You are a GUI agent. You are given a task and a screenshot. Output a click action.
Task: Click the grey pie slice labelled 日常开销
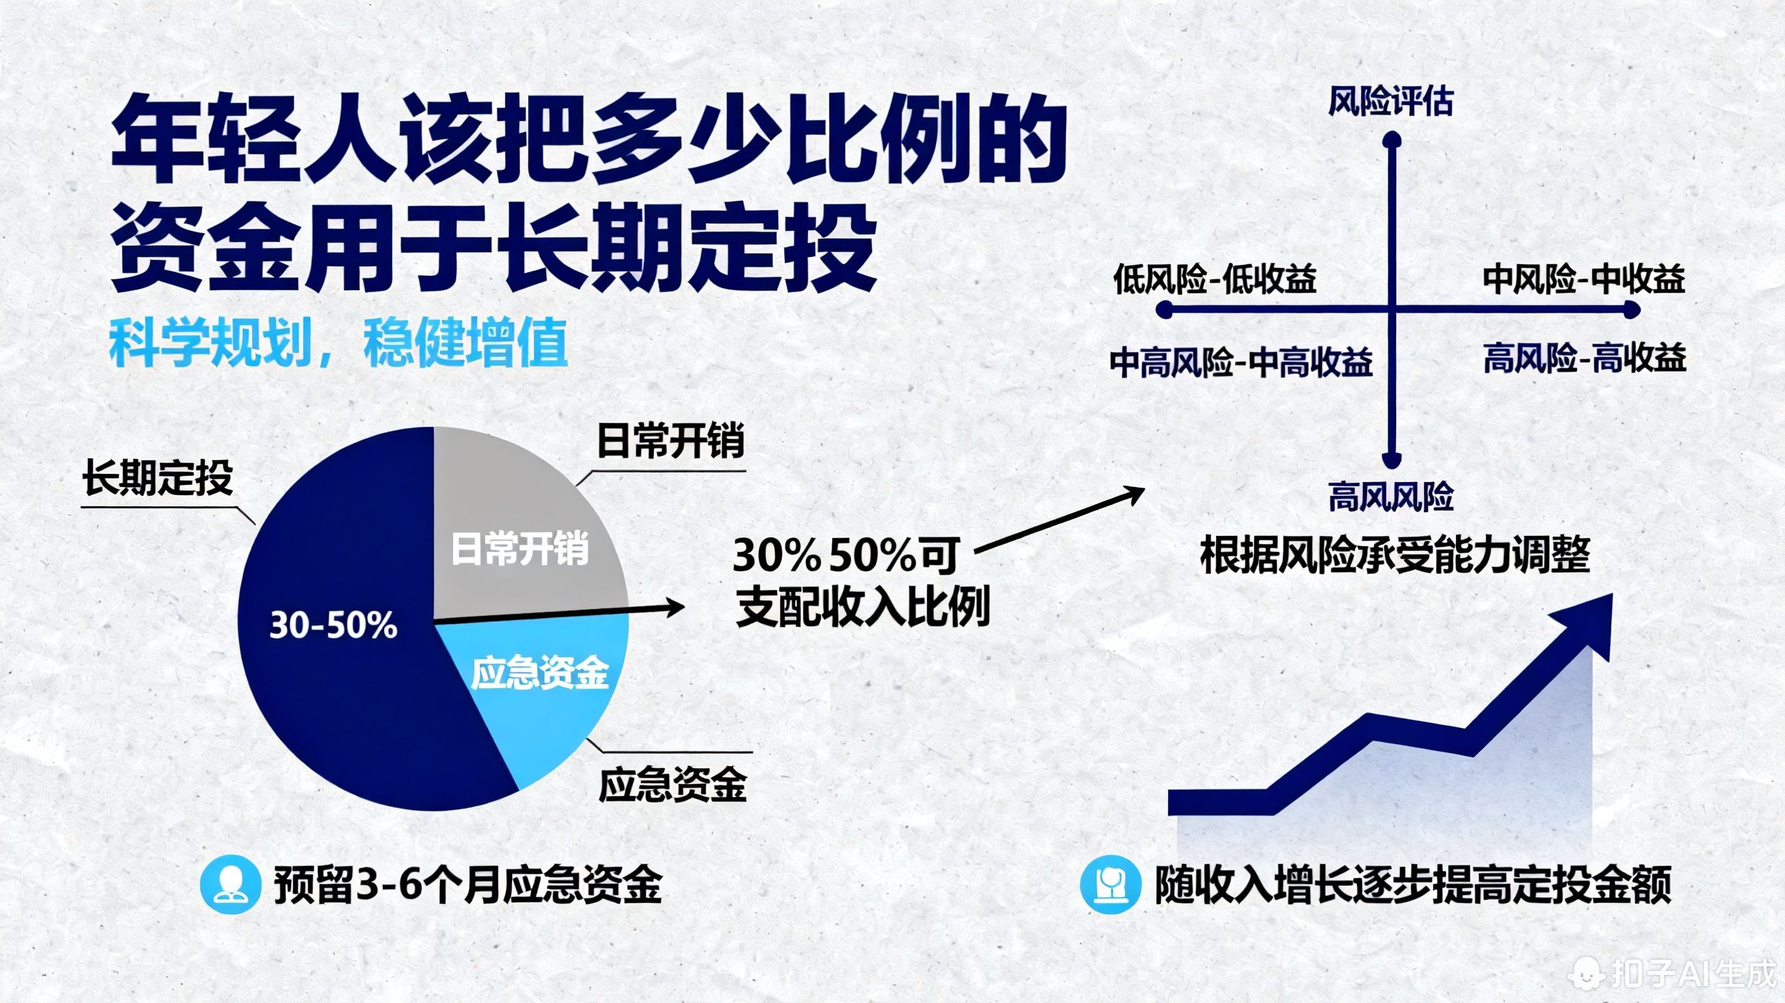coord(520,527)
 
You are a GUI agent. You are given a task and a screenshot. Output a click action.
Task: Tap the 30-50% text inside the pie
coord(333,625)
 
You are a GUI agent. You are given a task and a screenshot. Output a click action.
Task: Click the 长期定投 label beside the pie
coord(157,478)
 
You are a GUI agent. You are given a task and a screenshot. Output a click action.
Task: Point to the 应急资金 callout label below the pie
coord(672,785)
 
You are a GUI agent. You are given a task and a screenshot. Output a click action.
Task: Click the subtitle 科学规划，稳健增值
coord(338,343)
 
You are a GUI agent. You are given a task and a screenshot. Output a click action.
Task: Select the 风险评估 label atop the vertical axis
coord(1390,103)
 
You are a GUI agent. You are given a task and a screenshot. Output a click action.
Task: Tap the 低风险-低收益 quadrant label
coord(1214,280)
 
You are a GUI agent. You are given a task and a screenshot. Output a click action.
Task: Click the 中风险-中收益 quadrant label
coord(1583,280)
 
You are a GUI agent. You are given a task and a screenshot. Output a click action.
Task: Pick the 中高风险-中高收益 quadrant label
coord(1240,362)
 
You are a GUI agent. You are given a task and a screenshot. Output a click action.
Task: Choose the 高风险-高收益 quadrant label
coord(1584,359)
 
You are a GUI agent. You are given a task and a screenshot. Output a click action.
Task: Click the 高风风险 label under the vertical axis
coord(1390,496)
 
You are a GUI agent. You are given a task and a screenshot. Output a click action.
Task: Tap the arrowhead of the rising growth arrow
coord(1587,624)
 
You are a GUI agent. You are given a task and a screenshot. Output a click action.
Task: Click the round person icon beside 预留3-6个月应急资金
coord(230,885)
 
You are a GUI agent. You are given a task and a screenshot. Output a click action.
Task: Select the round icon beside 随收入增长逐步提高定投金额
coord(1110,885)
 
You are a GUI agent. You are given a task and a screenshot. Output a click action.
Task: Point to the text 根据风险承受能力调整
coord(1394,555)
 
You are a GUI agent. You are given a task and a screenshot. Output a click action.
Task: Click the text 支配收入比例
coord(862,607)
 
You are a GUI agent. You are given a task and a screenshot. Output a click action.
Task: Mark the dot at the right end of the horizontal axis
coord(1632,309)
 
